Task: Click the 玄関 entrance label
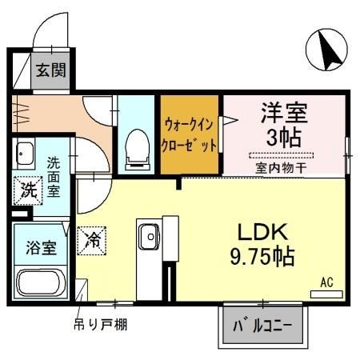pyautogui.click(x=50, y=71)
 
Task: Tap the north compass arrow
pyautogui.click(x=329, y=49)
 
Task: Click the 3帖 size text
pyautogui.click(x=283, y=136)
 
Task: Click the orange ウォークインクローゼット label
pyautogui.click(x=190, y=135)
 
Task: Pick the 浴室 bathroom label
pyautogui.click(x=40, y=247)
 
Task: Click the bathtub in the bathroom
pyautogui.click(x=42, y=284)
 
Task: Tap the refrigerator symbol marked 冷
pyautogui.click(x=94, y=238)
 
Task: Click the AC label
pyautogui.click(x=327, y=282)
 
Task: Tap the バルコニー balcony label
pyautogui.click(x=262, y=326)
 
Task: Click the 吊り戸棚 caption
pyautogui.click(x=100, y=324)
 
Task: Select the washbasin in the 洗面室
pyautogui.click(x=25, y=154)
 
